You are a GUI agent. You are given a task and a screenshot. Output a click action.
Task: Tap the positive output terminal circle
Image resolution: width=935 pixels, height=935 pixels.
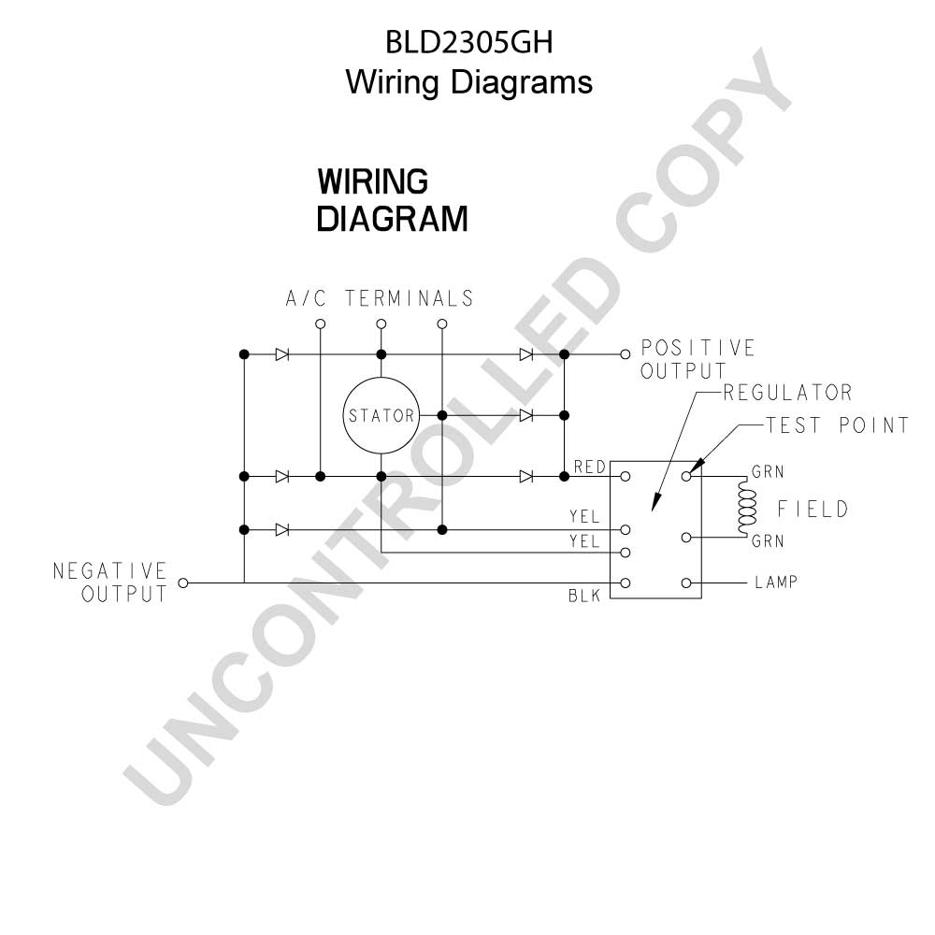[x=625, y=354]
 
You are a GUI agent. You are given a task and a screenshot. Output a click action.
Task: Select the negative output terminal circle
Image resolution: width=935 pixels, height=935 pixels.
[x=183, y=583]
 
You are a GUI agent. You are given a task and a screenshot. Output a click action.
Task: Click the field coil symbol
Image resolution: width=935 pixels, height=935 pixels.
[x=746, y=507]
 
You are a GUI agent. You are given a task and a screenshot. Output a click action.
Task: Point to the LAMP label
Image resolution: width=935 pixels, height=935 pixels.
[x=776, y=582]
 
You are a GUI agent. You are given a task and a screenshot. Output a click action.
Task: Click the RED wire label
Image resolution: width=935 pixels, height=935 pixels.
[x=590, y=467]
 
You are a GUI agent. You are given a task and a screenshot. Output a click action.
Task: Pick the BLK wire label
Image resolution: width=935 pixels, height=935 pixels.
[x=584, y=596]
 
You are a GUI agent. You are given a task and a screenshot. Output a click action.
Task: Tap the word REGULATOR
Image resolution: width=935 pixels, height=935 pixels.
[x=787, y=393]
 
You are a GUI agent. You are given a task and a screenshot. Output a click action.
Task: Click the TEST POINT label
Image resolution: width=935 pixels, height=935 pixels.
[x=837, y=425]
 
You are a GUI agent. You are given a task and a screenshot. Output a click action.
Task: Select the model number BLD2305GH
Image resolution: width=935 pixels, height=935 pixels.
[x=469, y=42]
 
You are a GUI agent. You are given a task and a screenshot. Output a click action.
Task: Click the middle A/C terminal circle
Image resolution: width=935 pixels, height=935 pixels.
[x=381, y=324]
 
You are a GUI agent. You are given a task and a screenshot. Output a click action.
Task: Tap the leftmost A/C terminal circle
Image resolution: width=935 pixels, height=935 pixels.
[x=320, y=324]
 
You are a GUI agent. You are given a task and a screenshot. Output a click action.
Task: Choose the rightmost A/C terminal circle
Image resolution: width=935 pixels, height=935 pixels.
[x=442, y=324]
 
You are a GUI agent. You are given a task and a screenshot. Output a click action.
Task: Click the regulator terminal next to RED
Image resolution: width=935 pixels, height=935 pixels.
[x=625, y=477]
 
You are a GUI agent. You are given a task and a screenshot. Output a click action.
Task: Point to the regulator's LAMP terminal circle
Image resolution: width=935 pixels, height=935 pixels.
[x=686, y=583]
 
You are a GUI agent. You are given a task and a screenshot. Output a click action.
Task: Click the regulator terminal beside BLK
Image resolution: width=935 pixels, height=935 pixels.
[x=625, y=583]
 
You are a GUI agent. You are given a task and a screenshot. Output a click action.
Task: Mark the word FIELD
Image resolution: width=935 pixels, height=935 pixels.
[x=813, y=509]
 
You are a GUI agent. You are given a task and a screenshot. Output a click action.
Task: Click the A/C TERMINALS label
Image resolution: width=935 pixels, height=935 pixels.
[x=380, y=298]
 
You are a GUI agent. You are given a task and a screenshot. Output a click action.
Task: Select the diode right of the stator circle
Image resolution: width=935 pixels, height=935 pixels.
[x=525, y=415]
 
